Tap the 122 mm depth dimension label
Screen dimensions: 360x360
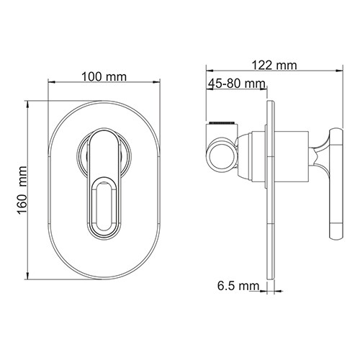(x=276, y=66)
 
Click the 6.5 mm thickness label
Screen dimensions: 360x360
(x=238, y=287)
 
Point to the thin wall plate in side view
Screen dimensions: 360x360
(x=271, y=216)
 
